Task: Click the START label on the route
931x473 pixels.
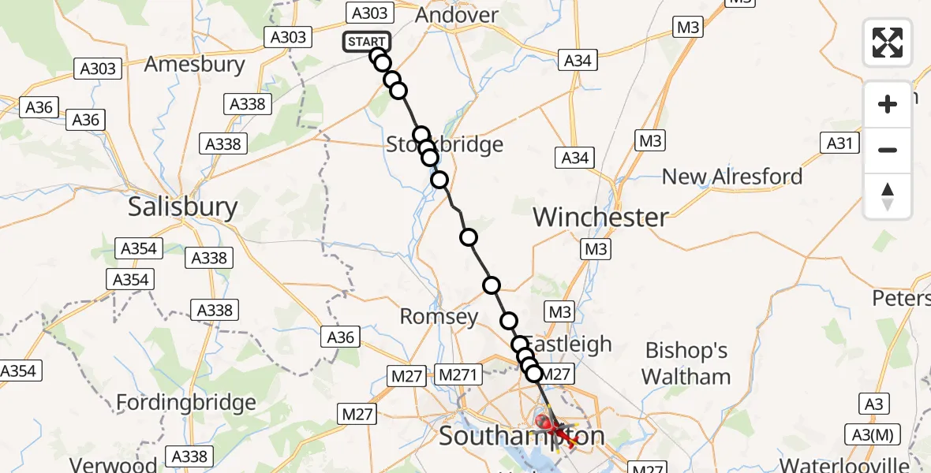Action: [x=366, y=42]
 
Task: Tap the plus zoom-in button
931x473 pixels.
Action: [x=888, y=104]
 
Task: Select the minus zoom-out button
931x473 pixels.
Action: [x=888, y=150]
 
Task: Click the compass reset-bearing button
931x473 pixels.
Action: [x=888, y=196]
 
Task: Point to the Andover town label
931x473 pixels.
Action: [x=456, y=15]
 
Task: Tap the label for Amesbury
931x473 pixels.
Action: [x=195, y=64]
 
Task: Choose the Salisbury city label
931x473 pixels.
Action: [x=182, y=207]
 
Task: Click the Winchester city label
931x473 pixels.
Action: [x=601, y=217]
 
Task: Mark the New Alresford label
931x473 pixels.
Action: [x=731, y=177]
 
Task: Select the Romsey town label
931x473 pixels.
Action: [x=439, y=317]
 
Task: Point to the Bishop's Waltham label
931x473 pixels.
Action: [x=686, y=363]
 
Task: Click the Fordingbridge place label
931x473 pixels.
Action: [x=186, y=403]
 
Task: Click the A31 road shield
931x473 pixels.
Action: [x=840, y=143]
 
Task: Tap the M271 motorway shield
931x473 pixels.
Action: [x=458, y=374]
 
